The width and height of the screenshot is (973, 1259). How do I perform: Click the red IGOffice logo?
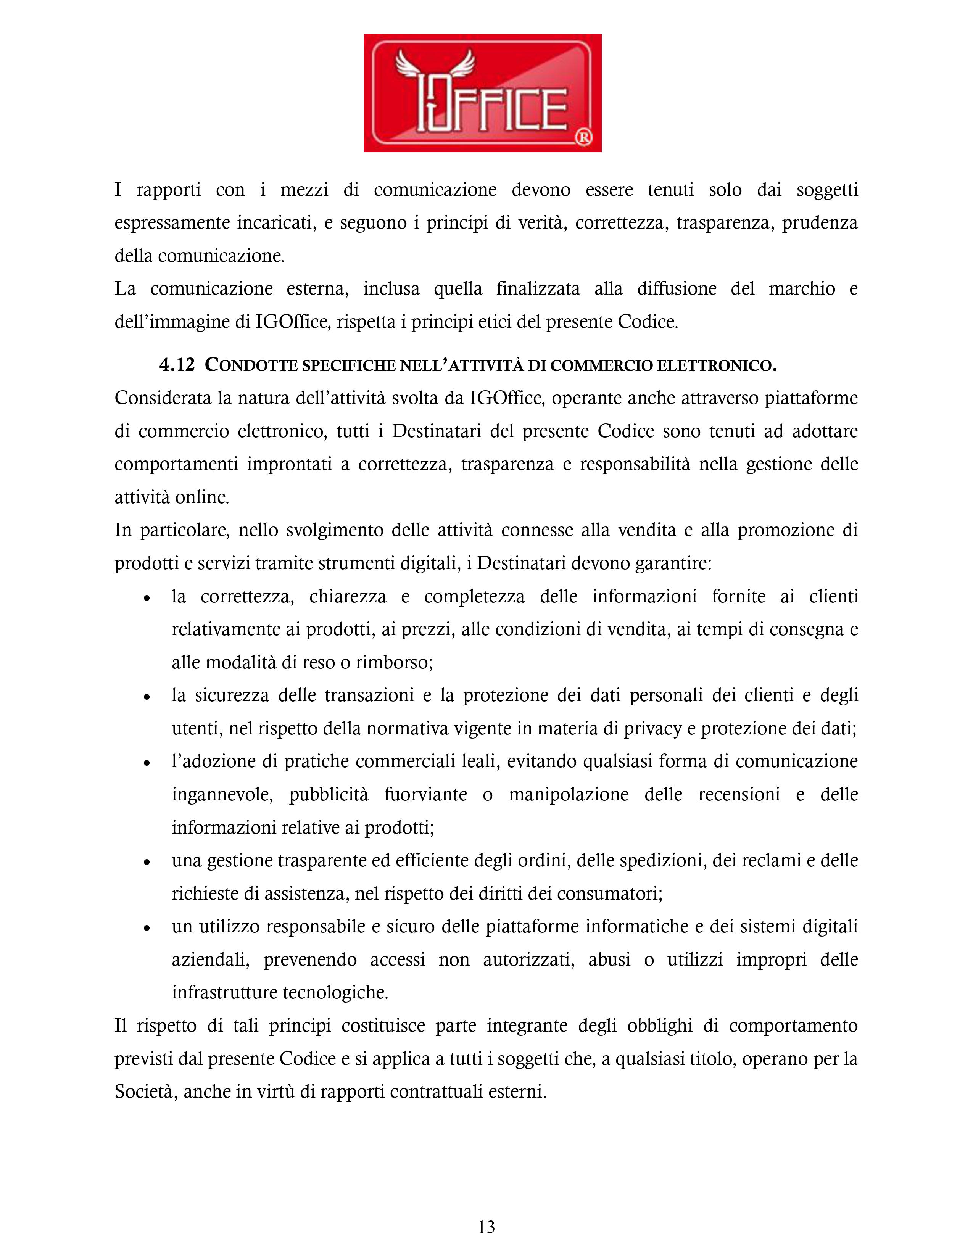482,93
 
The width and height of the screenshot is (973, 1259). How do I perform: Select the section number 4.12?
177,365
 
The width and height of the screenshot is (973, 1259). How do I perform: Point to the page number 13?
486,1227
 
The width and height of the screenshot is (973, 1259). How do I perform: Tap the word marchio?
801,288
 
